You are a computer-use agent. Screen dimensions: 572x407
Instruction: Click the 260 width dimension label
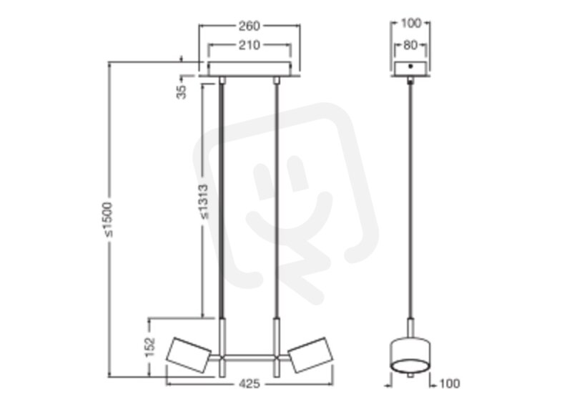tap(249, 26)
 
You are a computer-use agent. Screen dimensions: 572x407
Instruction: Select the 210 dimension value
tap(249, 45)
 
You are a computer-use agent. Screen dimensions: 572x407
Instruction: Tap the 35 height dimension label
tap(182, 92)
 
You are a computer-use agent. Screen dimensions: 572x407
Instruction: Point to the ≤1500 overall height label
tap(109, 220)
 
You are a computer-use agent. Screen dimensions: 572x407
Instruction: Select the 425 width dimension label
tap(250, 383)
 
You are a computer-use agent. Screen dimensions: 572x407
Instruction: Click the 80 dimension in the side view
tap(410, 45)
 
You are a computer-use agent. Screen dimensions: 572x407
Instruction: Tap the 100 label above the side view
tap(410, 23)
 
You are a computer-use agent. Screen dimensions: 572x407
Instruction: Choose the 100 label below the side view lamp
tap(450, 383)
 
